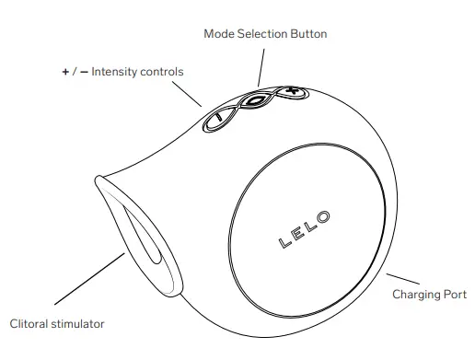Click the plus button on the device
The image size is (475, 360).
[290, 92]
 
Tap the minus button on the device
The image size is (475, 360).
[217, 118]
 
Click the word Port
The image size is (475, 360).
[455, 295]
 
